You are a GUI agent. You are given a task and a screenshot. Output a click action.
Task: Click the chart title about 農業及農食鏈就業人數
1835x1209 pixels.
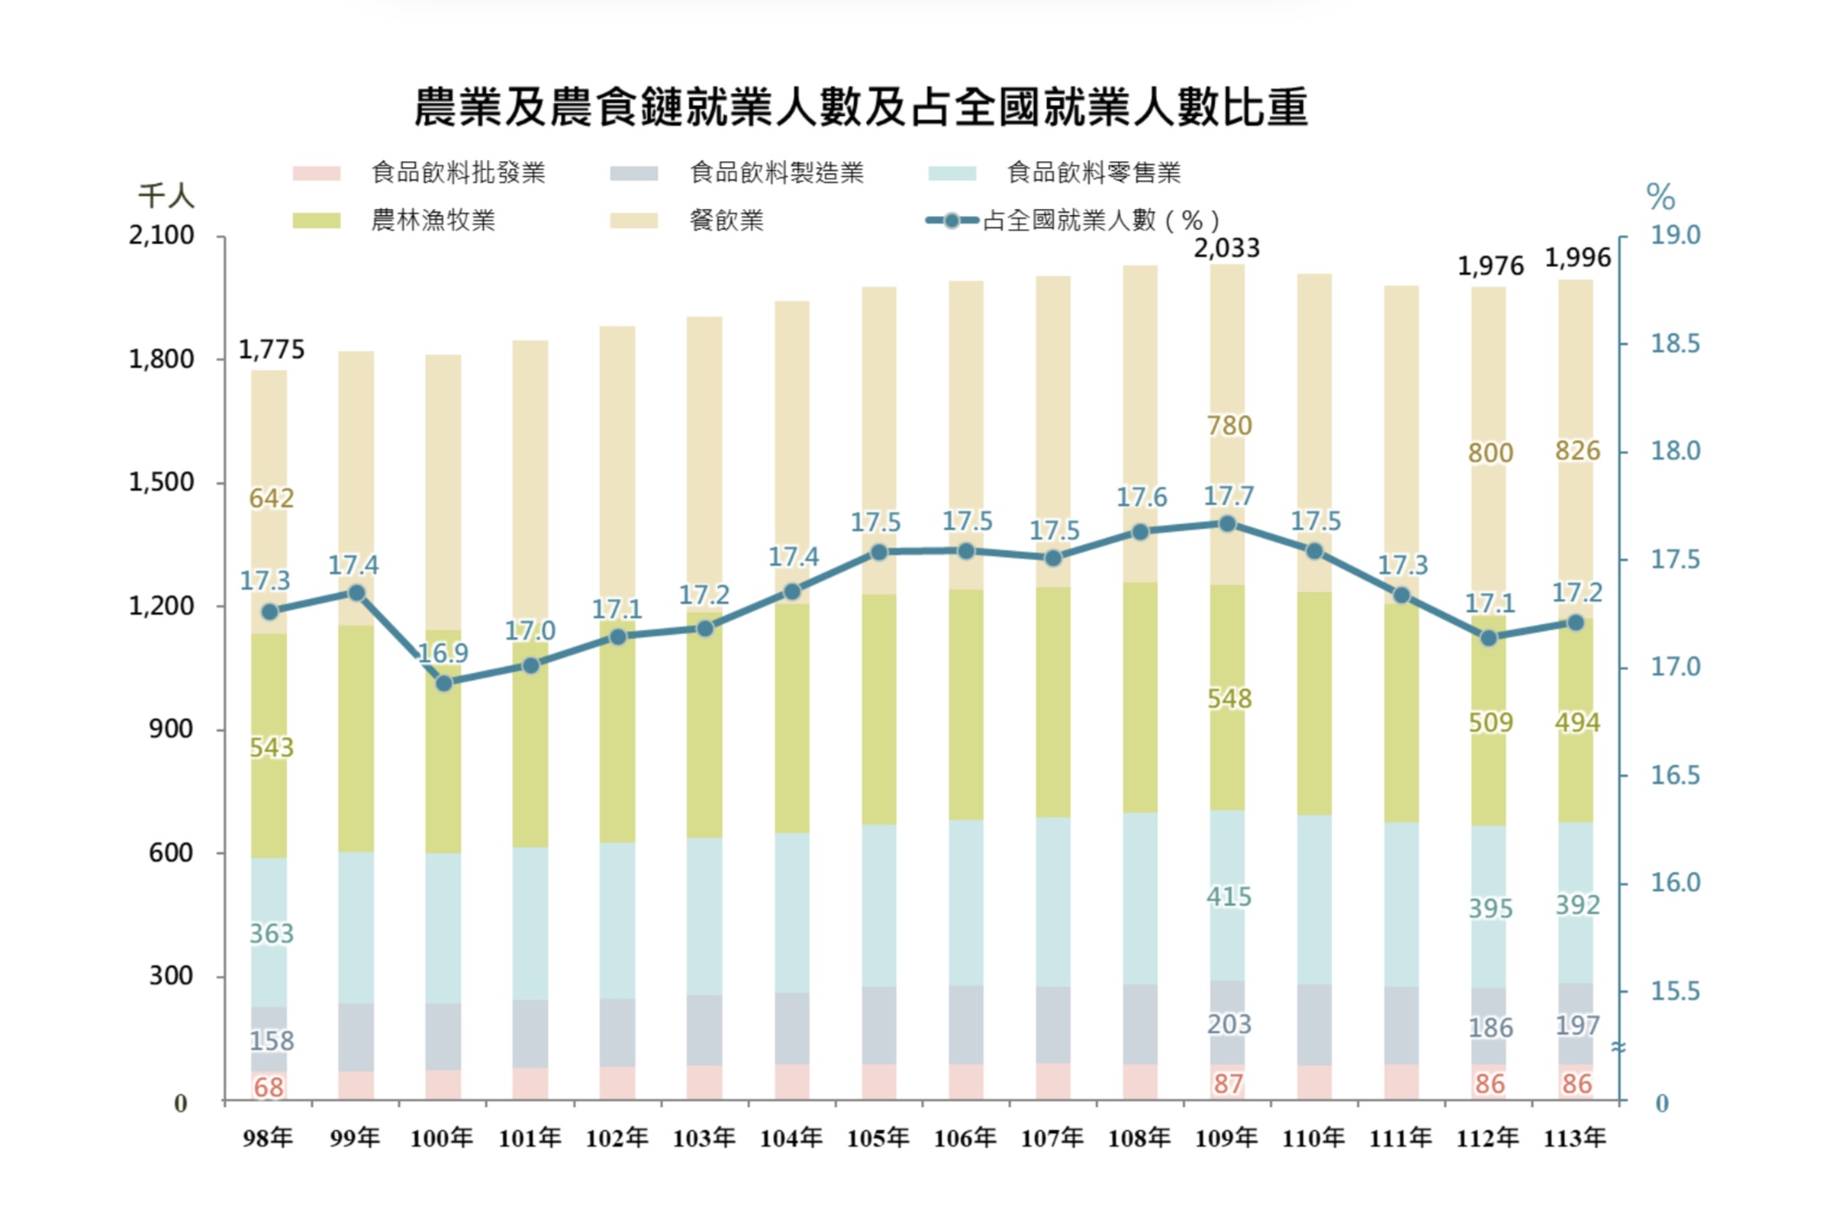[860, 107]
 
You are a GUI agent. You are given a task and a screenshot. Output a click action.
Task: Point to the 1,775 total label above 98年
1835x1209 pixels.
[272, 350]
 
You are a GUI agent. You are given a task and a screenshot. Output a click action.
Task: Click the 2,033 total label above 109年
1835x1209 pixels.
[1227, 249]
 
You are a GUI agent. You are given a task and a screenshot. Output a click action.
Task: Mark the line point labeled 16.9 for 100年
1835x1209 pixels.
[444, 683]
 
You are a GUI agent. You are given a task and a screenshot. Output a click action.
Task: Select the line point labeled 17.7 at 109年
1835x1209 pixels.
[1227, 524]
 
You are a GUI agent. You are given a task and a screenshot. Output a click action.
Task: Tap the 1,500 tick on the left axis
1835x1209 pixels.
[162, 482]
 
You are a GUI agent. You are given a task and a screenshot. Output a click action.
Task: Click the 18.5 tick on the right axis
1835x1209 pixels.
[1675, 344]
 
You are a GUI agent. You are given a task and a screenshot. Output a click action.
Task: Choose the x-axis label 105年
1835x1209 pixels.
[878, 1138]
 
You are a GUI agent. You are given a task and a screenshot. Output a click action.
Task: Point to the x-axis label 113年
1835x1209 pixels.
[1575, 1138]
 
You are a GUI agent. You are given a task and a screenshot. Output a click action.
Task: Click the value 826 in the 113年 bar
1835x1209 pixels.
[1577, 451]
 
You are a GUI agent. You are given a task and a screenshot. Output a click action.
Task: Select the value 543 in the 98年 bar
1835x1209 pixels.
[272, 748]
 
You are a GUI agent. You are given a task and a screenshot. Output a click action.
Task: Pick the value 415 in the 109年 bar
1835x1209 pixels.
[1229, 897]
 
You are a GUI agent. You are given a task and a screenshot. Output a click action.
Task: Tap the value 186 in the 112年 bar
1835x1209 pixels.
[1490, 1028]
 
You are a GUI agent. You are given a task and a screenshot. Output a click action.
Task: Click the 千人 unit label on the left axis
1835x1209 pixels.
[166, 196]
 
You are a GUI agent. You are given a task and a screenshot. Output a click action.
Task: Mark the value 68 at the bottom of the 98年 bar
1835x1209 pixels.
[269, 1087]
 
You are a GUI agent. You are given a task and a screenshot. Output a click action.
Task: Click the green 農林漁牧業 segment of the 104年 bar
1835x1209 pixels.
[792, 718]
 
